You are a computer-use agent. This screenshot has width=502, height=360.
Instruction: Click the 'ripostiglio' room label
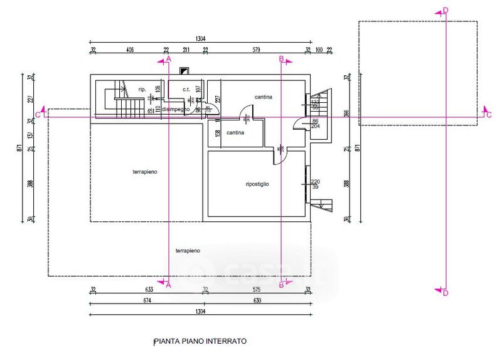(257, 184)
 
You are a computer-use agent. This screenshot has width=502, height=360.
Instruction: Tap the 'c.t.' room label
(186, 90)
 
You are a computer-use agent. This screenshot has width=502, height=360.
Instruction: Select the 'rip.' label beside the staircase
(142, 89)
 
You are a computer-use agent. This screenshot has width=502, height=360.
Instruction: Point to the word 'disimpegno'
(176, 109)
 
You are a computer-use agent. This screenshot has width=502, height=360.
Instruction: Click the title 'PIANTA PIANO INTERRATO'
(200, 342)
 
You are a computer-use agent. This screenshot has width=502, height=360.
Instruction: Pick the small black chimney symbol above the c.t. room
(184, 71)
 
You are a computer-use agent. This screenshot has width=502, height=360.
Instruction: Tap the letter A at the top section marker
(168, 59)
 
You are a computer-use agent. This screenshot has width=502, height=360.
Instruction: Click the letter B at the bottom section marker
(282, 285)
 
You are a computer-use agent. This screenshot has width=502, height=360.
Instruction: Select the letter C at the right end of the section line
(488, 115)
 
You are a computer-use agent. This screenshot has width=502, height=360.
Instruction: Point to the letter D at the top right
(446, 10)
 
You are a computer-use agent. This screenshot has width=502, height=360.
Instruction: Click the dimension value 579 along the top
(255, 49)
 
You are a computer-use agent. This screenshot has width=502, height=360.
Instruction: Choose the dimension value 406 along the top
(130, 49)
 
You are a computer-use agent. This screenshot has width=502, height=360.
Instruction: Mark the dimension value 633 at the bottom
(148, 290)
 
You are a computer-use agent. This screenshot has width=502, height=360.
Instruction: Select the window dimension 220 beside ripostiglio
(315, 181)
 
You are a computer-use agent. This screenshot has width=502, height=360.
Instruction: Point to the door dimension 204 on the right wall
(315, 126)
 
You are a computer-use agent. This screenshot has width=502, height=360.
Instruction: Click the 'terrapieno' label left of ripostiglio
(145, 171)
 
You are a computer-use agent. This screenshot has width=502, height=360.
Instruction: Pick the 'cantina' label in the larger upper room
(264, 97)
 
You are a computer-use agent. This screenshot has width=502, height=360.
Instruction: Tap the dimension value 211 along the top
(186, 49)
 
